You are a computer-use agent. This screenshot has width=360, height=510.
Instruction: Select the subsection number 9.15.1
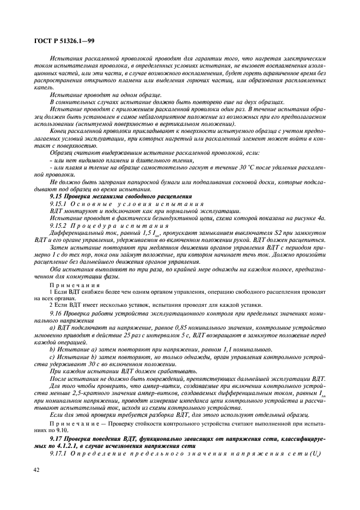[59, 203]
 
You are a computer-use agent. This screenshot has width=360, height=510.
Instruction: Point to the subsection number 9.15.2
[59, 224]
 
